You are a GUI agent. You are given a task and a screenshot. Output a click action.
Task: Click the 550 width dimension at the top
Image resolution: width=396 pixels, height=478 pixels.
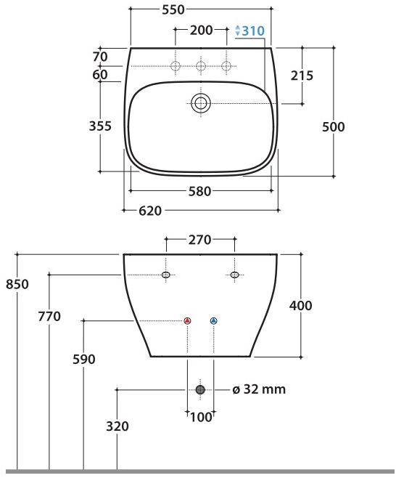173,9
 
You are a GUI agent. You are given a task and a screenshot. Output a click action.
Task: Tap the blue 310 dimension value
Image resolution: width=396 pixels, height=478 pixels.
253,31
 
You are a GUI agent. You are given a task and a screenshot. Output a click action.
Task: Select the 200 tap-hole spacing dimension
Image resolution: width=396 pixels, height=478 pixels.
201,31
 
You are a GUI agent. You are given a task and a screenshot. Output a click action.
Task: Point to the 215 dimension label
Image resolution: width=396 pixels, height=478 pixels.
302,76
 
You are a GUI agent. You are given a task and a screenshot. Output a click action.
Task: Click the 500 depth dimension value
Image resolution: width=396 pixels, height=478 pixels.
334,127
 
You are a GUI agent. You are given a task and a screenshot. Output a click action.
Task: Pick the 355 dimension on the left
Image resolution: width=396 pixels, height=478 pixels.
100,126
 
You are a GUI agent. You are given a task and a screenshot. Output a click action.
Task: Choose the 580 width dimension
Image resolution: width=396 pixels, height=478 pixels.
199,192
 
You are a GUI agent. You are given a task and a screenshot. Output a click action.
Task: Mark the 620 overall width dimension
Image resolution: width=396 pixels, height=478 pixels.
150,211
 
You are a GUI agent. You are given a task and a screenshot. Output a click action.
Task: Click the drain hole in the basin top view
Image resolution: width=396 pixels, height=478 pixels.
201,103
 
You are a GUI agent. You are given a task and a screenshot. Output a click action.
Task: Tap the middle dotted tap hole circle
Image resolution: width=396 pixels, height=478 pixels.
201,66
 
